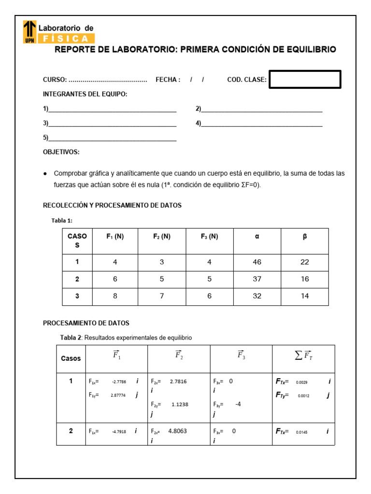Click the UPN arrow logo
click(x=29, y=31)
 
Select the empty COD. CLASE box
click(x=305, y=80)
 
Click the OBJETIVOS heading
click(x=61, y=152)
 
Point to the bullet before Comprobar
click(x=45, y=173)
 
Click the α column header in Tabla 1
click(x=257, y=236)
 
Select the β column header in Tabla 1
click(x=304, y=236)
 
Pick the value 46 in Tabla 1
click(x=257, y=262)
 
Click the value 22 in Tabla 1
click(x=304, y=262)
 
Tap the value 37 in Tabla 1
click(x=257, y=279)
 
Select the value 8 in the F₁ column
click(x=115, y=296)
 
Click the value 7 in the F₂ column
click(x=162, y=296)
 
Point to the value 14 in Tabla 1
click(x=304, y=296)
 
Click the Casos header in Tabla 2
click(x=71, y=358)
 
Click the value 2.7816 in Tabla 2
click(x=178, y=381)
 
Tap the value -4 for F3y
click(x=238, y=404)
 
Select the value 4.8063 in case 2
click(x=177, y=431)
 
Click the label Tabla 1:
click(x=62, y=220)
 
